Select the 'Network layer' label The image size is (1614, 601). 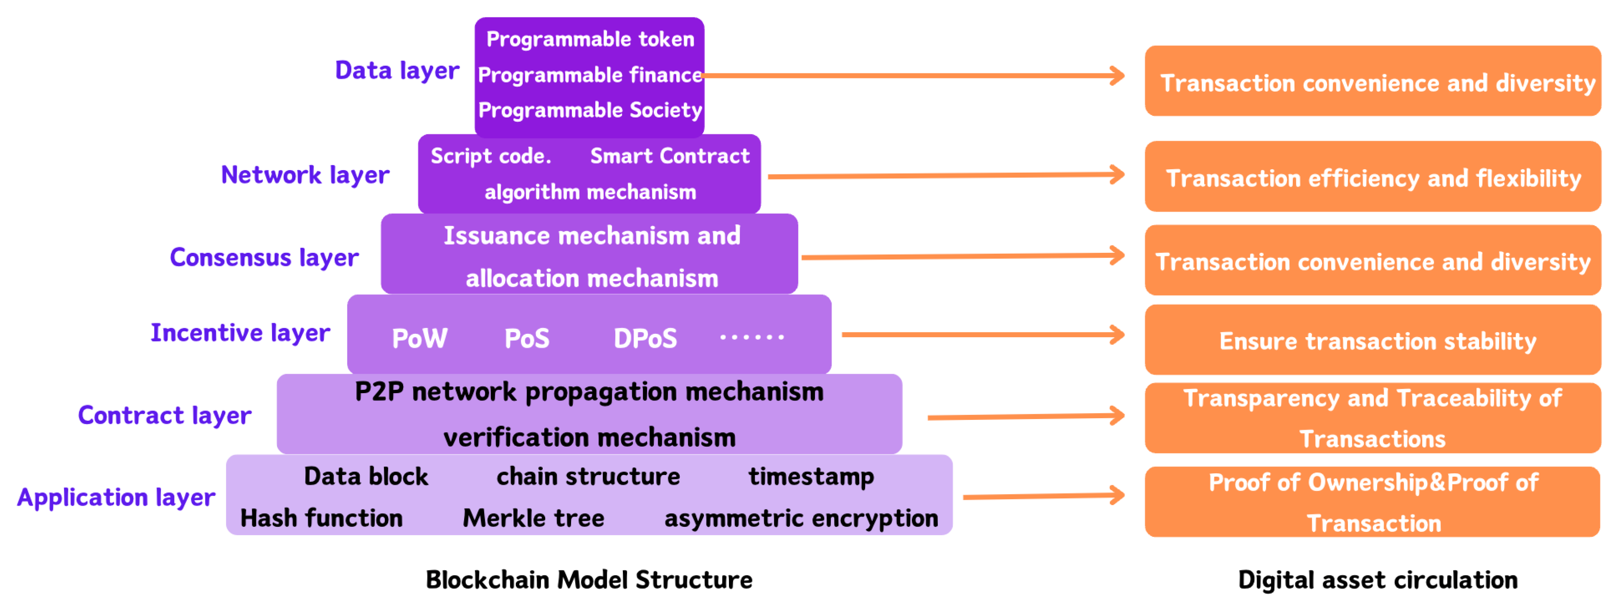(x=305, y=175)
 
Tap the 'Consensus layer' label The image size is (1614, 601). (x=264, y=258)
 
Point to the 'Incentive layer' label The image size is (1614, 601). (x=240, y=333)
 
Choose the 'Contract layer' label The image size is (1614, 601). (x=164, y=416)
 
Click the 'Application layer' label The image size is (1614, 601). (x=116, y=498)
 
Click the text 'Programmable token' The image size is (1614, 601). (x=590, y=39)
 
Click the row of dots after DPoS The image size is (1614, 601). (x=751, y=338)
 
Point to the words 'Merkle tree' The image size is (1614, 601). (x=533, y=518)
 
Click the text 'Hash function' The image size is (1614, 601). (x=322, y=518)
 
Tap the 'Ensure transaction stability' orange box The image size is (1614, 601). (x=1372, y=341)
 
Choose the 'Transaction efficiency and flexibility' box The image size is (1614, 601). (x=1372, y=177)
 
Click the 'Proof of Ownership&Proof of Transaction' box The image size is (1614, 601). (x=1372, y=502)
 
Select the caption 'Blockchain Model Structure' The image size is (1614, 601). (x=589, y=580)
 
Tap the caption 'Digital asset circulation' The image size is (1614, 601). (x=1377, y=580)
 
